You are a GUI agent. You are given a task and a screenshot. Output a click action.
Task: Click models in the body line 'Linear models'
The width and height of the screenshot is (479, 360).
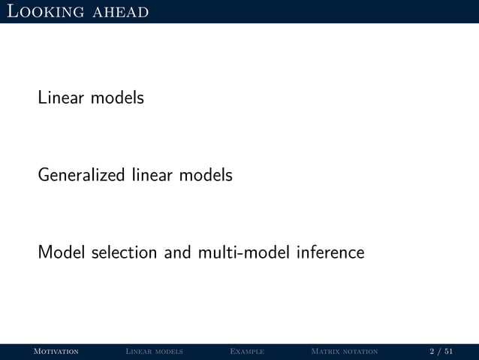click(117, 98)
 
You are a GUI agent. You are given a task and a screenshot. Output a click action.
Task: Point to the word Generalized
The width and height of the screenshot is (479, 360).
click(82, 176)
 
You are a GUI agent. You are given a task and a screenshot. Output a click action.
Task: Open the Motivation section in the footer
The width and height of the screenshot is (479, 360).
click(52, 351)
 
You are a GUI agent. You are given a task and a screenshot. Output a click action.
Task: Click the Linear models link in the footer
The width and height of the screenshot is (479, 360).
click(154, 351)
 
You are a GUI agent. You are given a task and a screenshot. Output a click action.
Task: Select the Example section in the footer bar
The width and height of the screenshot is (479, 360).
click(247, 351)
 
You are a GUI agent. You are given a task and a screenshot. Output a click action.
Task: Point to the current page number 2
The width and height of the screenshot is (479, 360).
click(432, 351)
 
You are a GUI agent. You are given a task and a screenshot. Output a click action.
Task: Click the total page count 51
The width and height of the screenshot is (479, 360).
click(448, 351)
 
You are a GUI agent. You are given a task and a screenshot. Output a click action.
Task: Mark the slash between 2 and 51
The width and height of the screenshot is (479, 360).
click(439, 351)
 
